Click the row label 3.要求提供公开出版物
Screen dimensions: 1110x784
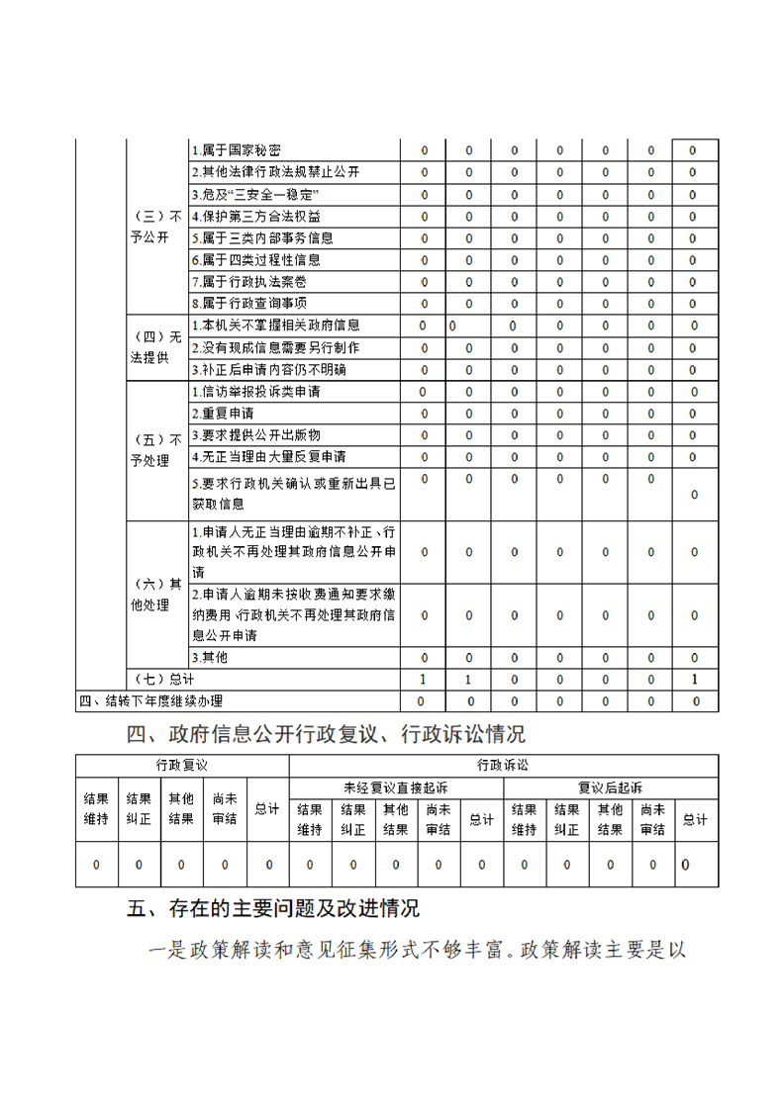click(x=255, y=434)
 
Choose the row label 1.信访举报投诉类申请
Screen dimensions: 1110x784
click(x=255, y=391)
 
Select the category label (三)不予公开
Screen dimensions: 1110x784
click(x=156, y=227)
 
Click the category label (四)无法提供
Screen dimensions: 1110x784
click(x=156, y=346)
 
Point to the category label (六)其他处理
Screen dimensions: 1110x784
click(x=156, y=594)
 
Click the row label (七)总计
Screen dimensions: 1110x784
click(x=163, y=680)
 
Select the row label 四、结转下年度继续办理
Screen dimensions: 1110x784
click(x=150, y=701)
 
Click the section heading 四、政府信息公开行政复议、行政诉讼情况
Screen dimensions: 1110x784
click(x=326, y=734)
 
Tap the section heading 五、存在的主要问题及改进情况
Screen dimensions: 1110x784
click(x=273, y=907)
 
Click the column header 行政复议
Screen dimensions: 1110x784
click(x=182, y=765)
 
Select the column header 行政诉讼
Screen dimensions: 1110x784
click(x=503, y=765)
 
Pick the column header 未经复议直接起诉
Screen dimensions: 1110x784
click(x=395, y=787)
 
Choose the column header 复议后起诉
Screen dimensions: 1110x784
click(x=610, y=787)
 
